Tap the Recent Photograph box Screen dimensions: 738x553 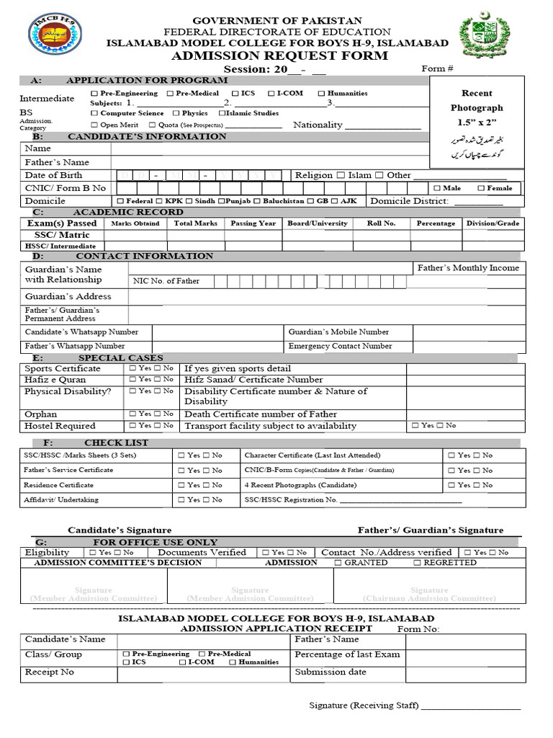tap(477, 122)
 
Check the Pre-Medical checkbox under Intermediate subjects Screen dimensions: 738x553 tap(170, 94)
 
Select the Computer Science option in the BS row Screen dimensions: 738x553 tap(94, 113)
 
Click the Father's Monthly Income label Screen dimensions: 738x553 tap(468, 268)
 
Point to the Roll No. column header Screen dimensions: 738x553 tap(381, 223)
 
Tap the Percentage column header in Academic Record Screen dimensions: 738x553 tap(436, 223)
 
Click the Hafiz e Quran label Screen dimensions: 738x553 tap(55, 380)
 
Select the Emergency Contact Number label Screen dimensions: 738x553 tap(340, 346)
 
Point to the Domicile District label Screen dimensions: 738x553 tap(409, 201)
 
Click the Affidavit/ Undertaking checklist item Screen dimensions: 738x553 tap(61, 499)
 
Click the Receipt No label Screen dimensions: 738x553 tap(50, 672)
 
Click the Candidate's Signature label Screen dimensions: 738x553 tap(120, 530)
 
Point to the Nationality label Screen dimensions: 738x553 tap(318, 125)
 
